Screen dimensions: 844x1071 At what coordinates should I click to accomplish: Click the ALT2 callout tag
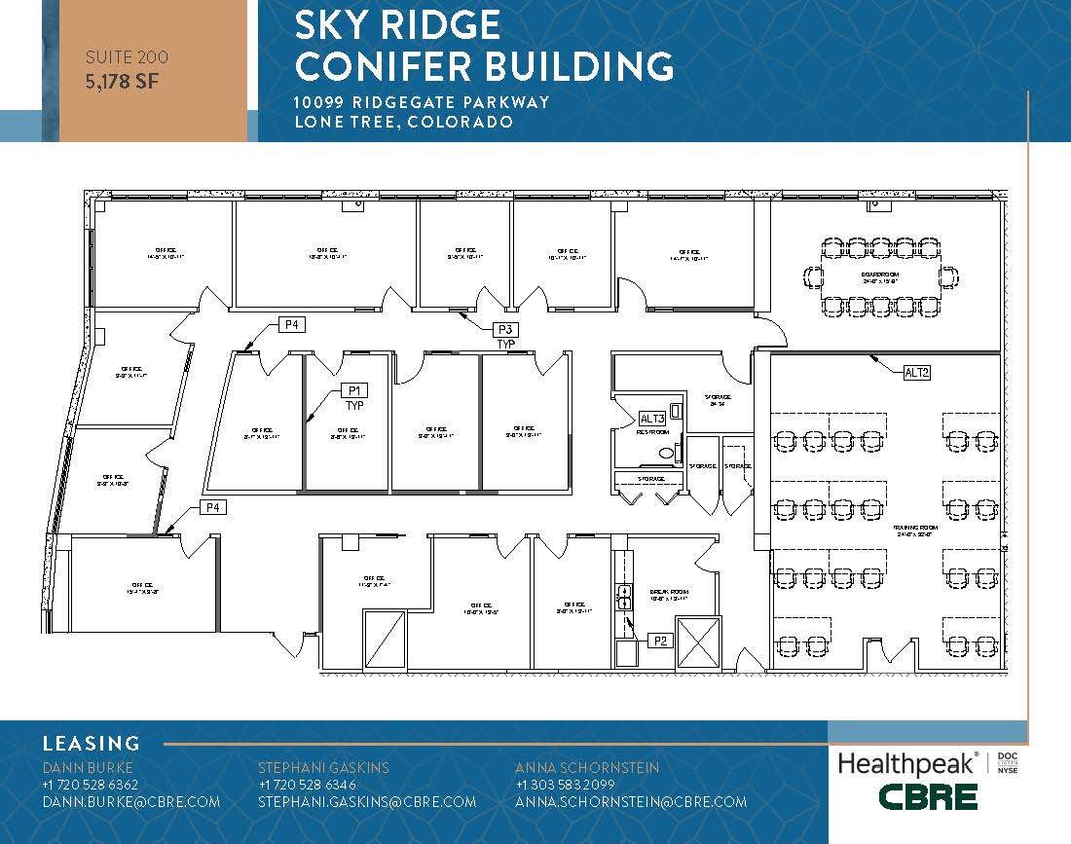917,372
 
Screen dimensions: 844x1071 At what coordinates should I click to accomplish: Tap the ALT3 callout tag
651,419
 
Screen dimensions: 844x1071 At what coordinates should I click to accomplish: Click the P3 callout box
505,329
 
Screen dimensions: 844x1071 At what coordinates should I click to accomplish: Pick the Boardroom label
878,275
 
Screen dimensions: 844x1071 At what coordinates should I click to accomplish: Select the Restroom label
651,431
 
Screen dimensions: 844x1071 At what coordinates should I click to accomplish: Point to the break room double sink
624,597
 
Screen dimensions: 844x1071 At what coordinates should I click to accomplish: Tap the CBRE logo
927,797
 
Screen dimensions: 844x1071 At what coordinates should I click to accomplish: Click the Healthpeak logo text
906,764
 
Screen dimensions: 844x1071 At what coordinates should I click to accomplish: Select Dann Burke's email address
131,802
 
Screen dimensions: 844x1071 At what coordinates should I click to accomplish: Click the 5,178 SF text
122,82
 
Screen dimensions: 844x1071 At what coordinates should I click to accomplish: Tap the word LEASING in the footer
91,744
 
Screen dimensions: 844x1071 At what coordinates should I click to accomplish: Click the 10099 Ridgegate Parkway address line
423,102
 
